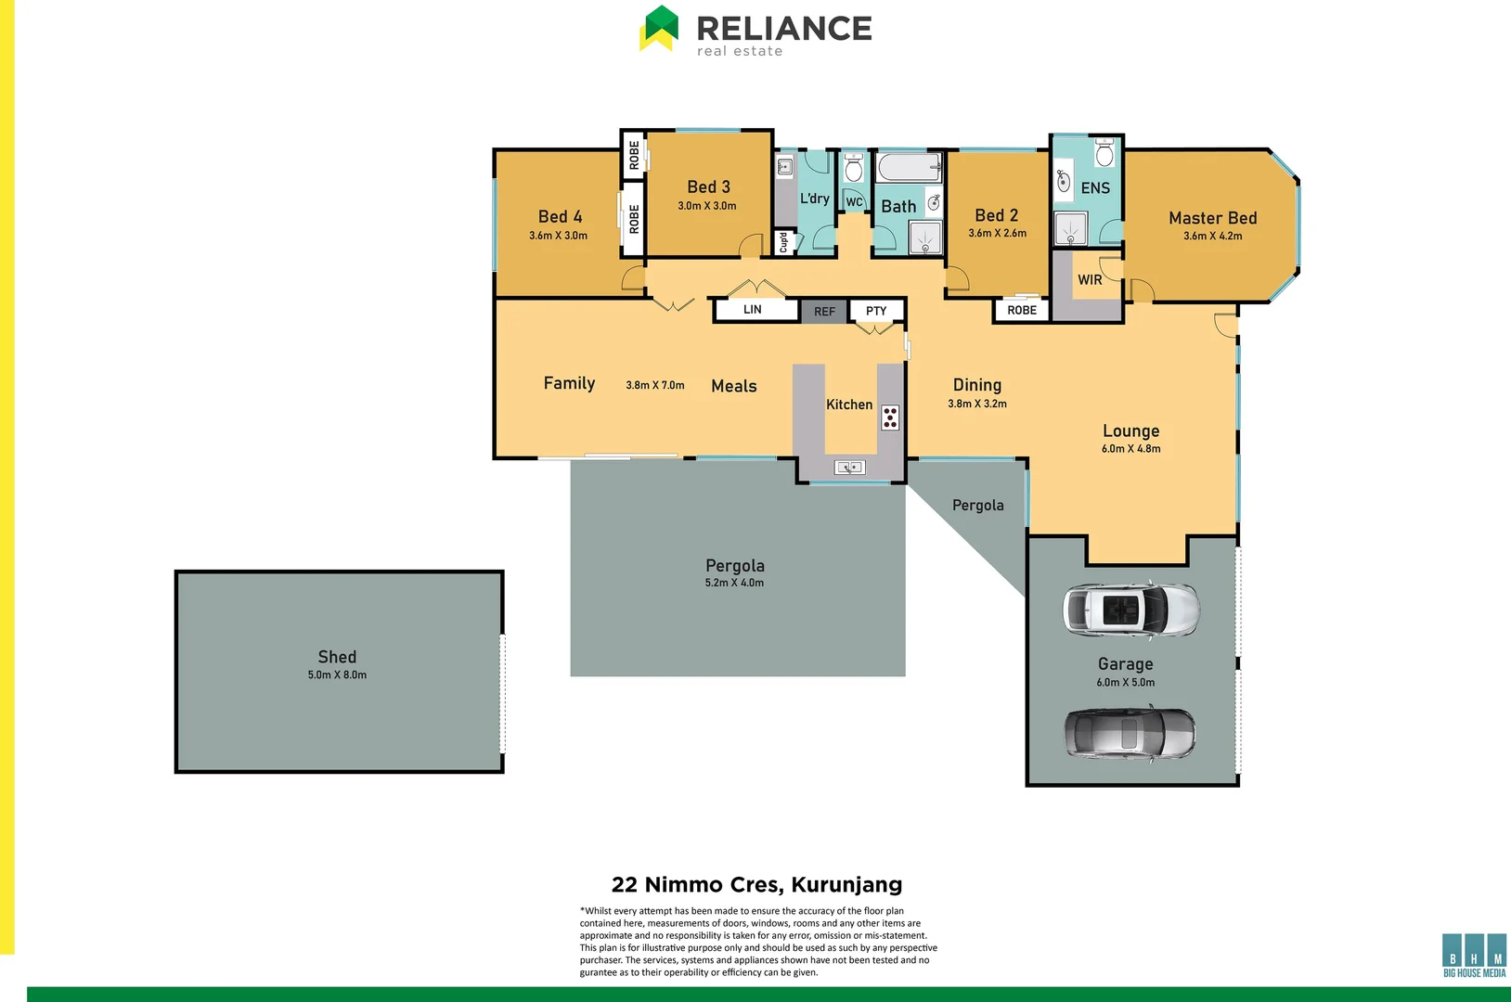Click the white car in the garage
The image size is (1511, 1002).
[1130, 610]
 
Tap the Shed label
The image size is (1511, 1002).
[337, 657]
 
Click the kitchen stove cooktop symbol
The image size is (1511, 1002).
[890, 417]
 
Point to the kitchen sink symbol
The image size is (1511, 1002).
[849, 468]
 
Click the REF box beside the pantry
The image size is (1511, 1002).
[824, 312]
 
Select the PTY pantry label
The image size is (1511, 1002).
[876, 311]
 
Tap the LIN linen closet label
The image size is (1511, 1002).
[753, 310]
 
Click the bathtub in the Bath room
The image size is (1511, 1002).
[909, 169]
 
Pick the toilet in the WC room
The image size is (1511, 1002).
[854, 169]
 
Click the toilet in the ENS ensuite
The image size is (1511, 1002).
[1104, 152]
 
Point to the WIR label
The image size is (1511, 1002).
[1090, 280]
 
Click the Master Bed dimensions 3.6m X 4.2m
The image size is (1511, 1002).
[1212, 237]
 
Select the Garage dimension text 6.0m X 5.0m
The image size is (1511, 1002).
[1126, 683]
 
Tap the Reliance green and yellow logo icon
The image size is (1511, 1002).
[659, 29]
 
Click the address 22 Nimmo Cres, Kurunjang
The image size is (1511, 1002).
[756, 884]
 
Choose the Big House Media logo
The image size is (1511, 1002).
[1474, 955]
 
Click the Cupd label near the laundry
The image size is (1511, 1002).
[783, 243]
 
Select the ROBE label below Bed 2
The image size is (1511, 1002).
[1022, 311]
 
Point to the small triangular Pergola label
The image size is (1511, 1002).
[977, 506]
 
